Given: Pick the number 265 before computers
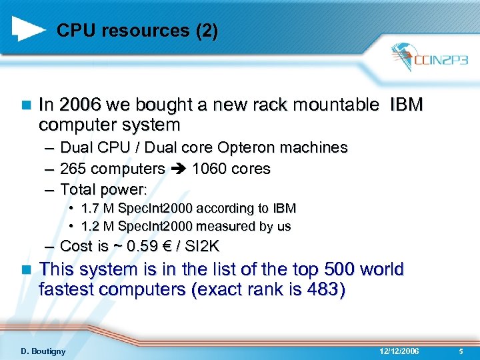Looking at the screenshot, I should pyautogui.click(x=73, y=169).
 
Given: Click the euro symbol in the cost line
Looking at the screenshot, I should pyautogui.click(x=161, y=246).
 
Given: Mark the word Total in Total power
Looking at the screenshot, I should pyautogui.click(x=78, y=189).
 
